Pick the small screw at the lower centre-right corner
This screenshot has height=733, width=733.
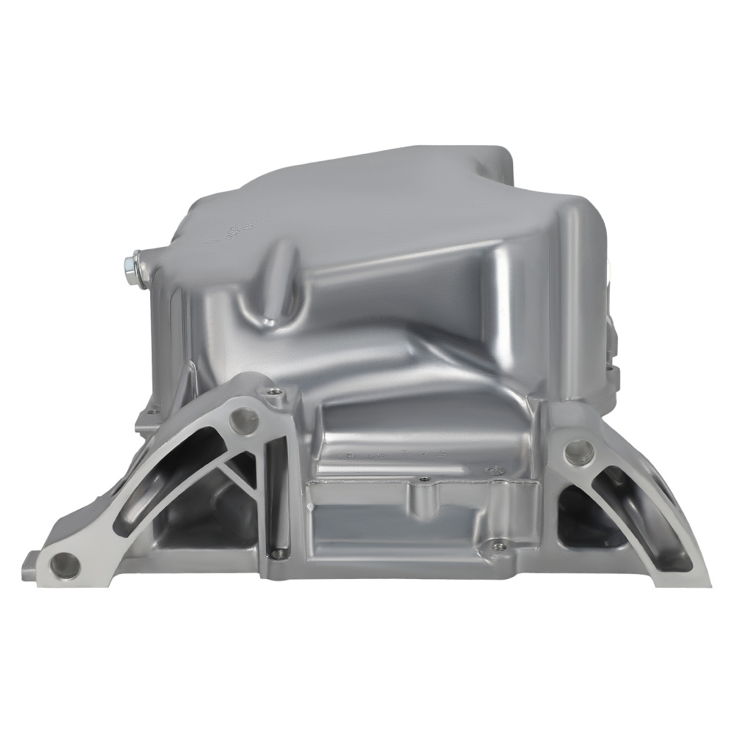499,545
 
